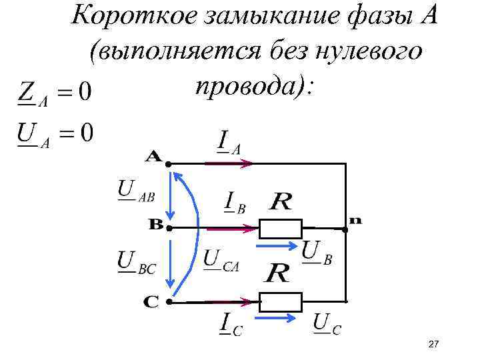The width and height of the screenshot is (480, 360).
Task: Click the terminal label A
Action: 154,157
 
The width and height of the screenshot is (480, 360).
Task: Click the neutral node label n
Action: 355,220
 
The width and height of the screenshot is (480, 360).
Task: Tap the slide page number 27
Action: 433,344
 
